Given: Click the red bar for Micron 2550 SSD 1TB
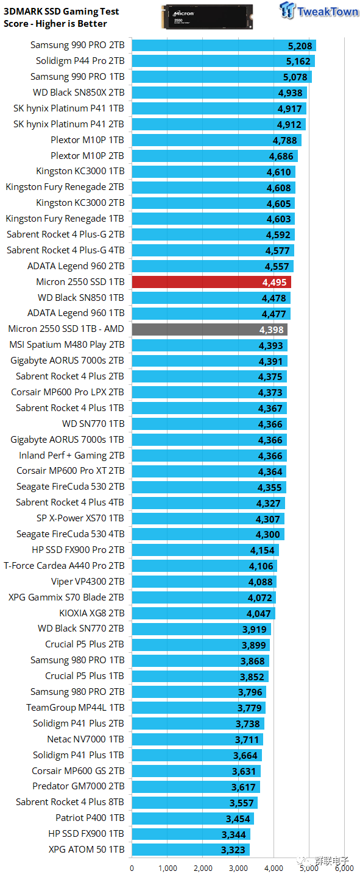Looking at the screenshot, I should (211, 282).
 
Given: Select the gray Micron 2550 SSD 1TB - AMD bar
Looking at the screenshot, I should (209, 329).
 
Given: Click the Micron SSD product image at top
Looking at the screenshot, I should (205, 17).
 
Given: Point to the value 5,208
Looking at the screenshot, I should (300, 46).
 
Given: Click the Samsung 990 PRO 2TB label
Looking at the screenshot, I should (77, 45).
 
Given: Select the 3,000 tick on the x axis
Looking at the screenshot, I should (238, 868).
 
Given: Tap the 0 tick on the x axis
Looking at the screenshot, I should (132, 868).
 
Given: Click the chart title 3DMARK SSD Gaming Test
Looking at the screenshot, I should (62, 12).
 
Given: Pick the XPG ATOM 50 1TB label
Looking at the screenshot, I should (86, 849).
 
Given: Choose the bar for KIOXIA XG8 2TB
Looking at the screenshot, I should (203, 613).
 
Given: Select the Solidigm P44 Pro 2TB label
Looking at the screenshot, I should (80, 61).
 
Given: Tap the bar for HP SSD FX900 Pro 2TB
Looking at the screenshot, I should (205, 550).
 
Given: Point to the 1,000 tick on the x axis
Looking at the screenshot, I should (168, 868).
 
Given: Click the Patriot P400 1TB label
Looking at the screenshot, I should (90, 818).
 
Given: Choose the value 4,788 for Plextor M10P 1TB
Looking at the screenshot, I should (284, 140).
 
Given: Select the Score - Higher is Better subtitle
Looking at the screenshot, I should (55, 24).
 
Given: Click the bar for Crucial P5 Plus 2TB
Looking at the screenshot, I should (200, 645).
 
